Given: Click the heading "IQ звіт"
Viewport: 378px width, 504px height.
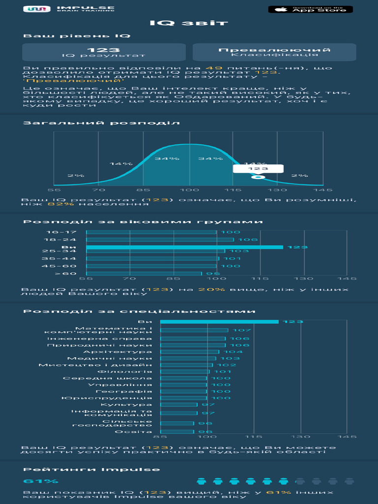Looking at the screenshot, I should (189, 23).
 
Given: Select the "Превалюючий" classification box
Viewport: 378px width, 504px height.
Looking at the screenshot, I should (274, 52).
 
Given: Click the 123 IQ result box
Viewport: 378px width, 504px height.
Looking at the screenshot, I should (104, 52).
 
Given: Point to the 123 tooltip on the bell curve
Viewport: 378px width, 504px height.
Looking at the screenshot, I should (258, 168).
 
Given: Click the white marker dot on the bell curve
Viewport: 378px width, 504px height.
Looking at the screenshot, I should (260, 177).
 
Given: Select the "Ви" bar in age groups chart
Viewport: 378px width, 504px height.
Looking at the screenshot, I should (185, 247).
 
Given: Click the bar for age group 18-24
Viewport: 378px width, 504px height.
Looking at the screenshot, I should (160, 240).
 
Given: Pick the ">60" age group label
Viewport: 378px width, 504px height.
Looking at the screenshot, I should (66, 274).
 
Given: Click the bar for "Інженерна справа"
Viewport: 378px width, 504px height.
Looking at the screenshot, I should (193, 339).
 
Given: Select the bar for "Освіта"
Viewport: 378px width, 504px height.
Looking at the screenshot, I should (177, 432).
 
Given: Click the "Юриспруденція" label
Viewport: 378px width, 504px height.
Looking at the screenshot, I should (107, 398).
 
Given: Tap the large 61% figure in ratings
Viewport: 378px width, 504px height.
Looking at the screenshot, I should (34, 481).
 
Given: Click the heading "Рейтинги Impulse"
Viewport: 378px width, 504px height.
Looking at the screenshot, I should (92, 469).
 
